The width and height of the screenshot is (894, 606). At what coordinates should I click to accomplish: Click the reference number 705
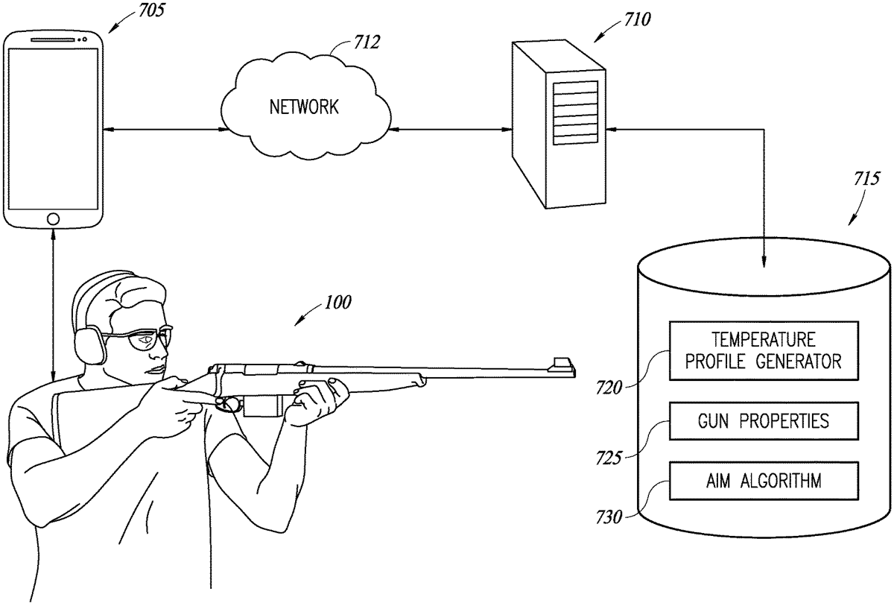[x=151, y=10]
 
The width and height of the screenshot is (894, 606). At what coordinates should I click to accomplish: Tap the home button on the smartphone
[x=53, y=218]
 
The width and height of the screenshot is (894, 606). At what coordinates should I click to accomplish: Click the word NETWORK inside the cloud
[x=304, y=107]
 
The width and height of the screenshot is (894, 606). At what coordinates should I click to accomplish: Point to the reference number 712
[x=367, y=42]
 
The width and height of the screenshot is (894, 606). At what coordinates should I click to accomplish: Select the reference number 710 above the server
[x=638, y=19]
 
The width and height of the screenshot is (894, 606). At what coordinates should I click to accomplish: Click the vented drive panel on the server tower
[x=575, y=113]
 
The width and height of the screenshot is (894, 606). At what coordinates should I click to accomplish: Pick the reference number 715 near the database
[x=867, y=179]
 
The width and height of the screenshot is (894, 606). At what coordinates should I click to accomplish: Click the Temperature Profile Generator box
[x=764, y=351]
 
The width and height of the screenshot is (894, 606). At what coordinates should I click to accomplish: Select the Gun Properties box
[x=764, y=421]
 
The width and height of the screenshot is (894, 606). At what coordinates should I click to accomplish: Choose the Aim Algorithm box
[x=764, y=481]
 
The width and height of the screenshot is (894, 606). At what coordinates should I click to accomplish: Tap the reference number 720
[x=609, y=388]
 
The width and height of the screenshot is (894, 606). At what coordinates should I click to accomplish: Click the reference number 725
[x=609, y=458]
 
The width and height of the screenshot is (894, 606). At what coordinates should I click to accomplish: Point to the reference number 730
[x=609, y=518]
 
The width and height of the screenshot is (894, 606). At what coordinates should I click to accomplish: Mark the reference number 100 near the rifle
[x=337, y=303]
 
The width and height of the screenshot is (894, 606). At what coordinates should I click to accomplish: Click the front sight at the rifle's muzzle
[x=562, y=362]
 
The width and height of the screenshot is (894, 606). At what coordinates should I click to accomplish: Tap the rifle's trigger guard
[x=229, y=405]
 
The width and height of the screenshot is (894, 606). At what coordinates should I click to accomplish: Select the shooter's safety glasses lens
[x=143, y=341]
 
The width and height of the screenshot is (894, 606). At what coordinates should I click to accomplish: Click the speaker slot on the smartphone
[x=53, y=40]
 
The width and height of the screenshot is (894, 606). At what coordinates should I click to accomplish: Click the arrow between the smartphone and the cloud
[x=165, y=130]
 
